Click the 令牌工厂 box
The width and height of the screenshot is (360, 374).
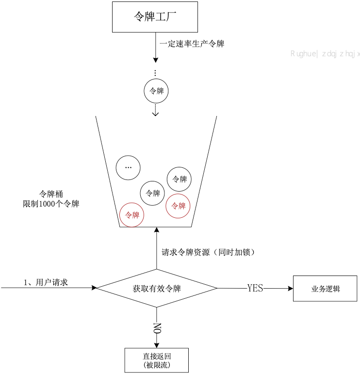pos(155,17)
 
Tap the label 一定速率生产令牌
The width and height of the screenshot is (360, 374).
pos(192,44)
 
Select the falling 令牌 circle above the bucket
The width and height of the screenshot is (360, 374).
pos(156,91)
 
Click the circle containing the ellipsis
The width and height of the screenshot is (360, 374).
pos(128,167)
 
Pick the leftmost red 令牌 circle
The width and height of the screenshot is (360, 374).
pos(132,214)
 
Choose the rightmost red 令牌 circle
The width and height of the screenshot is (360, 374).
pos(178,206)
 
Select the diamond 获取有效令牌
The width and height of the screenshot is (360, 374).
pos(156,288)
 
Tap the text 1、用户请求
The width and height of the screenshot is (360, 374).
pos(46,282)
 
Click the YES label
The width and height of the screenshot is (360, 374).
pos(255,288)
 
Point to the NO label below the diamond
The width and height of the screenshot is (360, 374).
pos(157,328)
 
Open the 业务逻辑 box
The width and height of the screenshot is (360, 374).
pos(325,289)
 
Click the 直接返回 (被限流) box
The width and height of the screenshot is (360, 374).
pos(156,360)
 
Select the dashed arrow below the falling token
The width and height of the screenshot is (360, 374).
pos(156,110)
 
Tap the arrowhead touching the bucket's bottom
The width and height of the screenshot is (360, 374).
pos(156,230)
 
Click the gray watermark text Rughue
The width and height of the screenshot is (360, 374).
pos(304,54)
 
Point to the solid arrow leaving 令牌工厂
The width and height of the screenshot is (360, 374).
pos(156,49)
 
